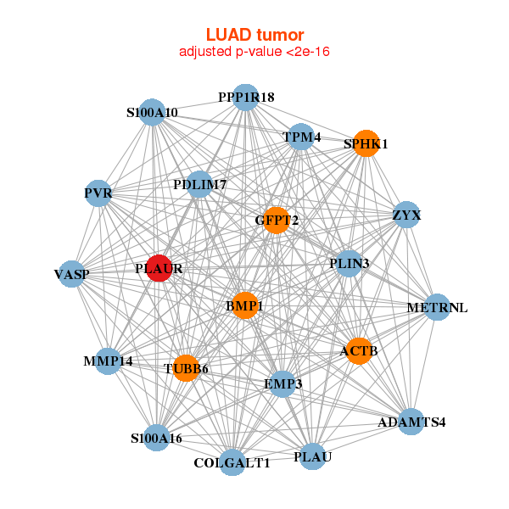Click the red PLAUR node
(x=159, y=268)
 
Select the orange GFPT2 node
(x=277, y=221)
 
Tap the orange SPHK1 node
(x=365, y=143)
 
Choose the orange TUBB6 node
(x=186, y=368)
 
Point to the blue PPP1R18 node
(x=245, y=98)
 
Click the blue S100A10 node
(x=153, y=112)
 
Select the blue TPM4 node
(x=301, y=137)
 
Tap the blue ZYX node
(x=406, y=215)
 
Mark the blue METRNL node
(x=436, y=307)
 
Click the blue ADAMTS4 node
(x=411, y=422)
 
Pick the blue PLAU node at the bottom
(x=312, y=457)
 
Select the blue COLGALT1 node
(x=232, y=463)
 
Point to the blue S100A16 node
(x=156, y=438)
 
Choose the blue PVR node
(x=98, y=194)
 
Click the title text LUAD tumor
(x=255, y=35)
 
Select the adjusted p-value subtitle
(x=255, y=52)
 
